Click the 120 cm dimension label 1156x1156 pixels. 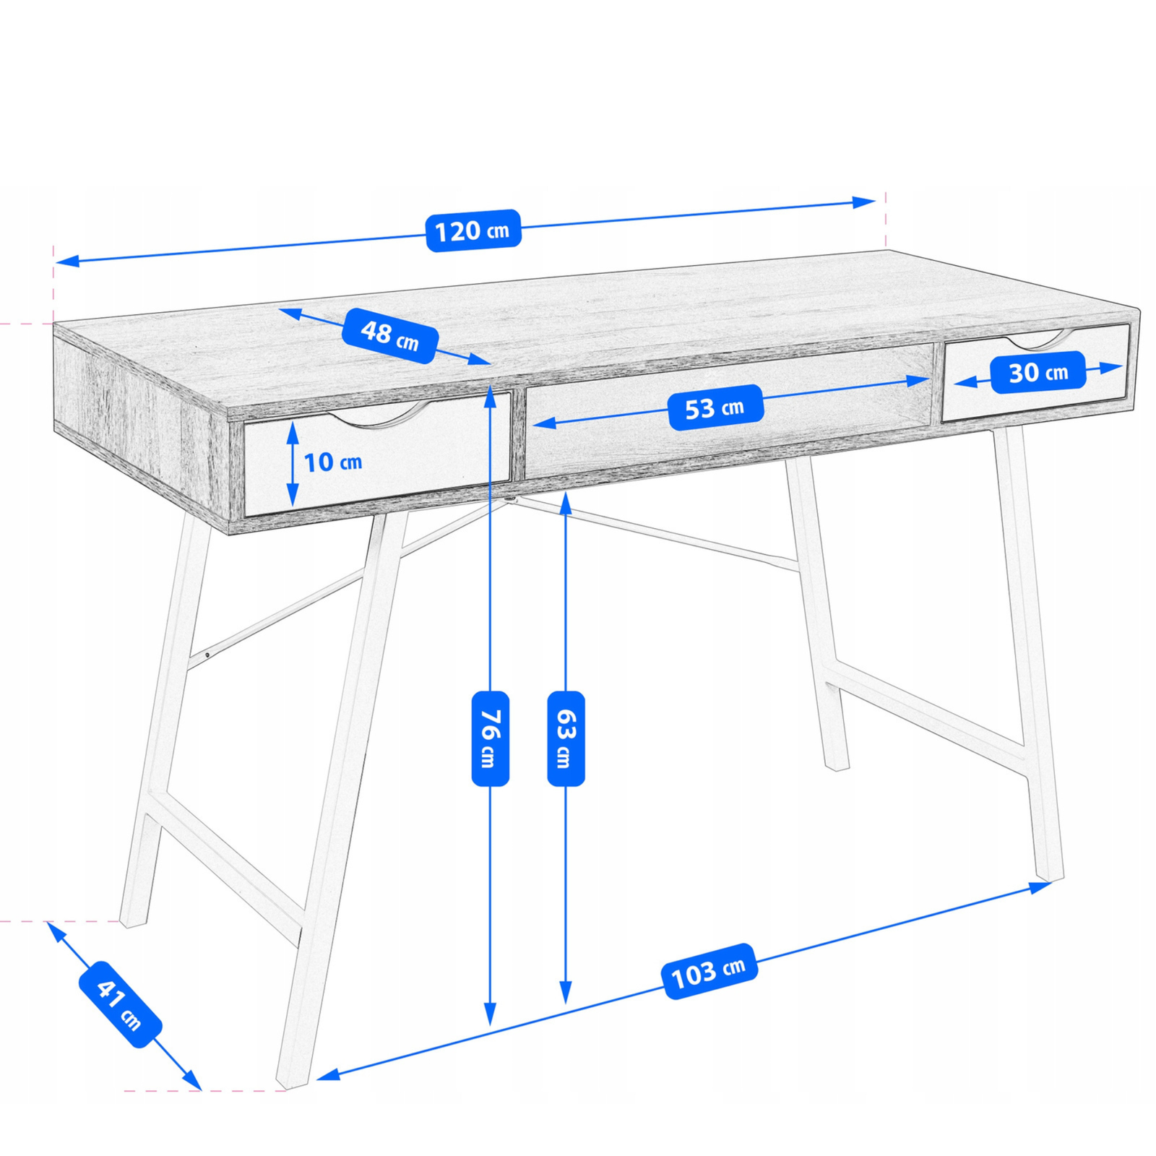[473, 230]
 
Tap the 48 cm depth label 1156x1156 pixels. [390, 335]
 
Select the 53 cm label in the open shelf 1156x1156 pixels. [715, 407]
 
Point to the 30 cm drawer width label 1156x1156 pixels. [1038, 372]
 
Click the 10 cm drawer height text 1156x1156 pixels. [332, 462]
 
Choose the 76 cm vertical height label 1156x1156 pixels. [491, 738]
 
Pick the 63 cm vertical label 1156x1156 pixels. [566, 738]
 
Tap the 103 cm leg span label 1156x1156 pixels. [709, 972]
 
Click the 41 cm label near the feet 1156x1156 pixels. [120, 1005]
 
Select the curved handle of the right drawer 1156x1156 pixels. [1035, 340]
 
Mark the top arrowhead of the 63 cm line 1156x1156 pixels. [566, 504]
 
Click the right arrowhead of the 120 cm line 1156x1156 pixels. [864, 202]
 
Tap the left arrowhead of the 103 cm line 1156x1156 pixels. [329, 1074]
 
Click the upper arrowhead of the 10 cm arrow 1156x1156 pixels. [293, 433]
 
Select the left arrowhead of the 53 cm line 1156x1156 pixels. [544, 423]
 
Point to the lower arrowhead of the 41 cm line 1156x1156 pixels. [191, 1079]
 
